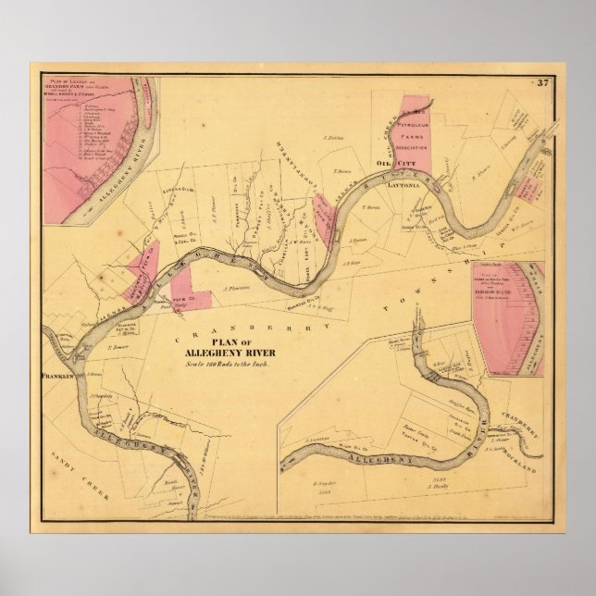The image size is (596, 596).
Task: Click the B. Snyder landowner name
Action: click(x=325, y=482)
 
